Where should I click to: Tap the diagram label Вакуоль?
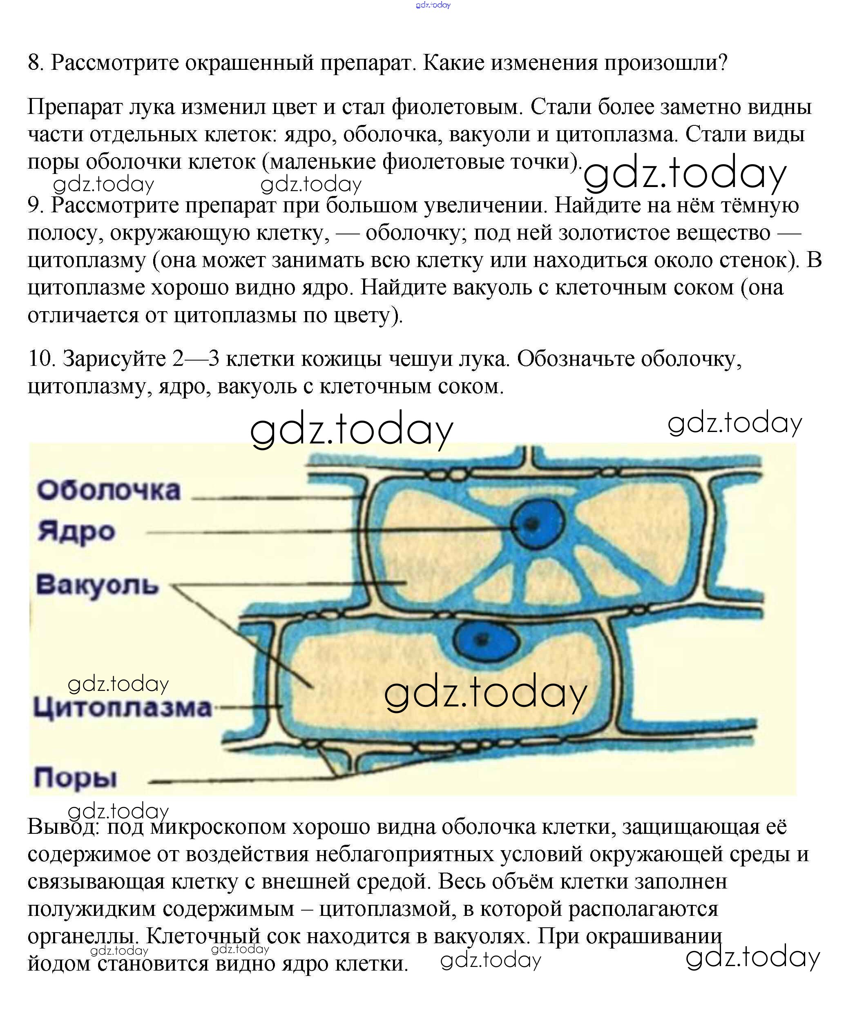tap(97, 585)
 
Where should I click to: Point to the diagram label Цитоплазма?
tap(122, 708)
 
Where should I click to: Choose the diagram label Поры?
tap(75, 777)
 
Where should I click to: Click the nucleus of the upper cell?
tap(537, 524)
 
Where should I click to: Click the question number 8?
tap(36, 63)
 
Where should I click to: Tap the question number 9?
tap(36, 205)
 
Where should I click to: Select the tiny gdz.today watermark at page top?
tap(433, 5)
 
